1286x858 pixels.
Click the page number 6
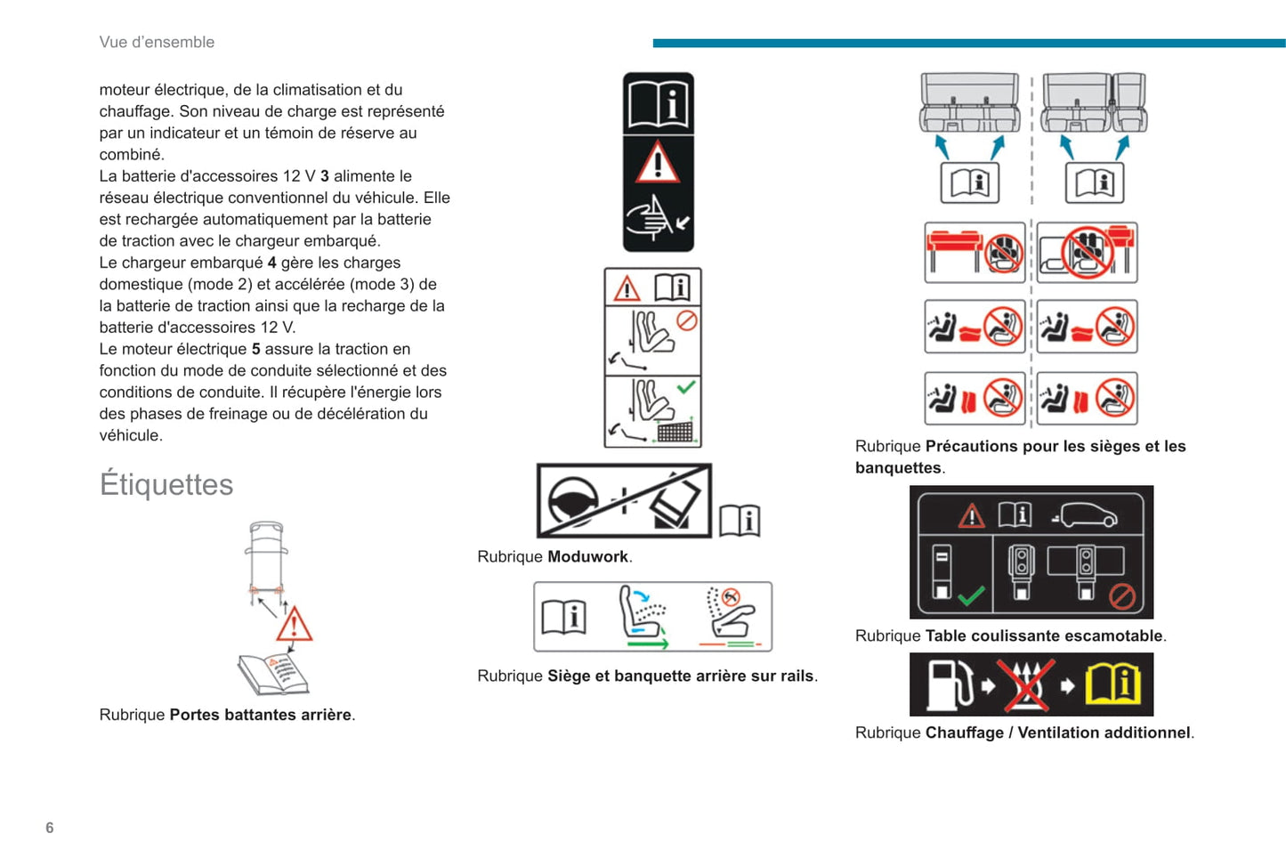point(50,828)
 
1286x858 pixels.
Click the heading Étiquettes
point(166,484)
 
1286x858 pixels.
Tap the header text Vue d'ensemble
point(157,42)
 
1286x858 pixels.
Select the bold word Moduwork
point(588,556)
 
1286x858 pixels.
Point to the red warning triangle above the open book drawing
point(294,625)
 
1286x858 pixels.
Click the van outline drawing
point(267,558)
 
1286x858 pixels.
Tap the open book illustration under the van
point(273,674)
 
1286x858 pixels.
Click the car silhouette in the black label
point(1085,514)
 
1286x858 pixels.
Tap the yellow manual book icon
point(1113,684)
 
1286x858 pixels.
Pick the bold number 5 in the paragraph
point(256,349)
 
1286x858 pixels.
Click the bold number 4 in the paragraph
point(272,263)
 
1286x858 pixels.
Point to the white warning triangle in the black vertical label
point(658,163)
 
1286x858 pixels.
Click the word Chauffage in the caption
point(965,733)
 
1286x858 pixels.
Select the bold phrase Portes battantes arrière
point(260,715)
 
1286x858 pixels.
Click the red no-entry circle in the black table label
point(1121,595)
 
